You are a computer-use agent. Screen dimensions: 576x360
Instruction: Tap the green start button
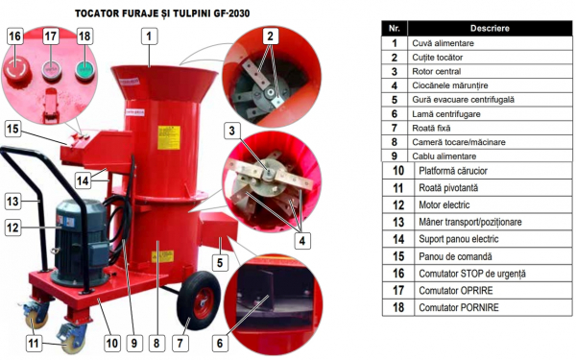point(85,69)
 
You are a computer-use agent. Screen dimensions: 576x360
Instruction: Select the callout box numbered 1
point(149,36)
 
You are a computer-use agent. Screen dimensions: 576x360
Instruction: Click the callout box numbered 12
point(12,228)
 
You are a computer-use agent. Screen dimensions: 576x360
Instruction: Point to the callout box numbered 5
point(220,263)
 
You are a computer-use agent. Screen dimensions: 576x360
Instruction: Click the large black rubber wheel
point(199,300)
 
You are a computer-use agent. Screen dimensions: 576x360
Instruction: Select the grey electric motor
point(82,243)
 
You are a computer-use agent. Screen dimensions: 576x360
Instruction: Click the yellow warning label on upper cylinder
point(169,137)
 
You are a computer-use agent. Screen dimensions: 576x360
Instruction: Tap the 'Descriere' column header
point(490,28)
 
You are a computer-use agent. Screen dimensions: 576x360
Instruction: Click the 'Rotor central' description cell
point(490,71)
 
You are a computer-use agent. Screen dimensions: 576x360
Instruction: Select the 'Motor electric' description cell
point(493,205)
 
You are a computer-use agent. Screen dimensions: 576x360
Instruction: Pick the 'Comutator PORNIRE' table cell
point(493,307)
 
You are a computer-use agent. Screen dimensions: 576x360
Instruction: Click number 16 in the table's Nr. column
point(398,274)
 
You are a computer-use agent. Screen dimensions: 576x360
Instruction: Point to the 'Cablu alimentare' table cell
point(490,156)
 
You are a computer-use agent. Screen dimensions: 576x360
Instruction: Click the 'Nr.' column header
point(395,28)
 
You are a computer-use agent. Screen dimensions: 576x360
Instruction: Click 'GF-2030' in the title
point(231,13)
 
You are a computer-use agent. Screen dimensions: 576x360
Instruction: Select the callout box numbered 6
point(220,343)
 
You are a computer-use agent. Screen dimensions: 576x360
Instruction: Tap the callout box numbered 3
point(231,131)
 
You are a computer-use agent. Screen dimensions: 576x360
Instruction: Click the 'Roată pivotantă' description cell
point(493,188)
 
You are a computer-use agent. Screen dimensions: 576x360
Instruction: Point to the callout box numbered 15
point(12,129)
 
